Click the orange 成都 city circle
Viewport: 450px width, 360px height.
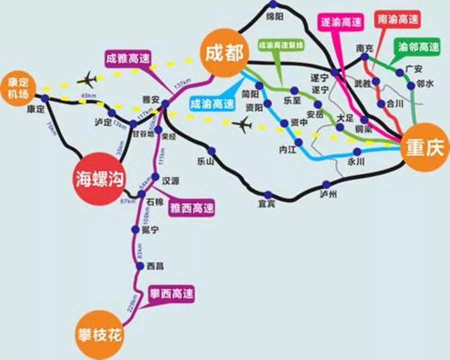224,53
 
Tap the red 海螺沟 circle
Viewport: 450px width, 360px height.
99,178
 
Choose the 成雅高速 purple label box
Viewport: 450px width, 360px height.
128,57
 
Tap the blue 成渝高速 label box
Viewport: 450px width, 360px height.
212,104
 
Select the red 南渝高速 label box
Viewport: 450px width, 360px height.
397,20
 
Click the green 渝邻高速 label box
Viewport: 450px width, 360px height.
418,47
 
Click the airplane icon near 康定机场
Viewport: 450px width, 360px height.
89,79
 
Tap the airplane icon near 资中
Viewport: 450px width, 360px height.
243,124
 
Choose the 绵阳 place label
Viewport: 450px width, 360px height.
275,16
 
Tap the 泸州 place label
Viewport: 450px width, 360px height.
328,194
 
